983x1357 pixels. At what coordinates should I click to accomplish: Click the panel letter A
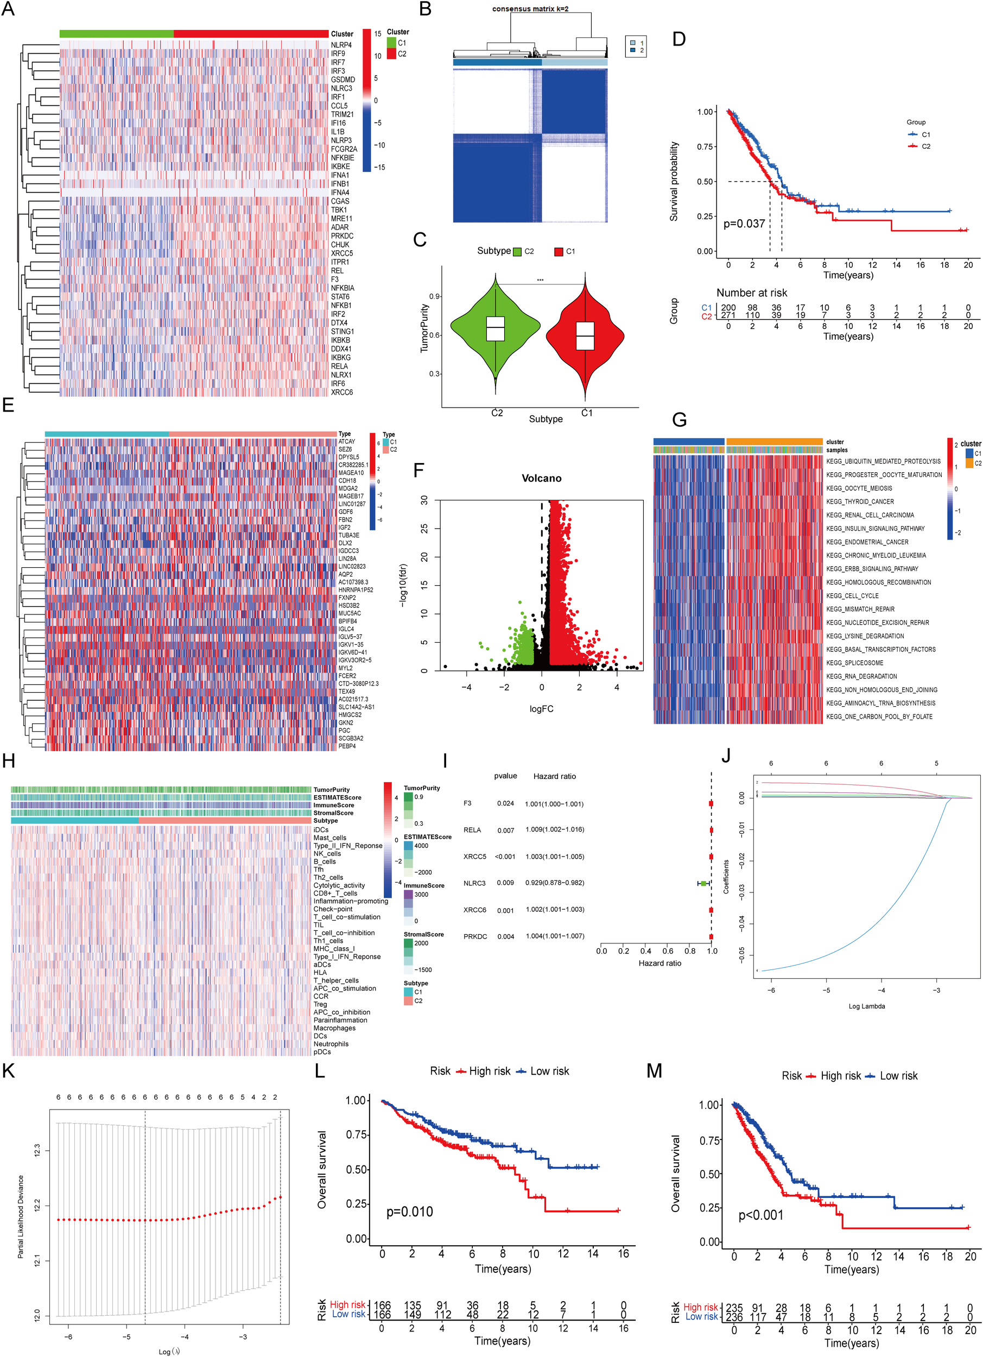click(x=8, y=10)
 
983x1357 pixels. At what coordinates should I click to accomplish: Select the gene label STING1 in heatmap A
click(x=342, y=332)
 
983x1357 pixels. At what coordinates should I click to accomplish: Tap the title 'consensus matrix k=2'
click(x=530, y=9)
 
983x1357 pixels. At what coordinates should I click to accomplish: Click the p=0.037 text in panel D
click(x=744, y=224)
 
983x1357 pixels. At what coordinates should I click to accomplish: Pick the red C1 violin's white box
click(x=585, y=335)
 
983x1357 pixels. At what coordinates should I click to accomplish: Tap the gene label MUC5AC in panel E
click(x=350, y=613)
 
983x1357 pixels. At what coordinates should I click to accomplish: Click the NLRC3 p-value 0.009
click(x=505, y=883)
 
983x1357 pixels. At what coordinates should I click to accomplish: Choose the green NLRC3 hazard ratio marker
click(x=703, y=884)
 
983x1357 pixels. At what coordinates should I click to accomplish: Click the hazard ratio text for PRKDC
click(x=555, y=936)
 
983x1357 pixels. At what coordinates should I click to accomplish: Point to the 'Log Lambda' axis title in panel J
click(x=866, y=1006)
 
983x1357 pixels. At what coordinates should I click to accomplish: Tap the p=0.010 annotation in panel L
click(x=409, y=1212)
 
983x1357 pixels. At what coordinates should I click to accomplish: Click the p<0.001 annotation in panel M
click(x=760, y=1215)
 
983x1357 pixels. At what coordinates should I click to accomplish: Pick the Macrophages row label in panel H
click(x=334, y=1028)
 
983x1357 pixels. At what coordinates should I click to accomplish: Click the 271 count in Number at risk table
click(x=727, y=315)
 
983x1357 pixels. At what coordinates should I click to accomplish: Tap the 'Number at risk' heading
click(x=751, y=293)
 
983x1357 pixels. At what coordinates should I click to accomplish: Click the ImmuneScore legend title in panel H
click(x=423, y=885)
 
